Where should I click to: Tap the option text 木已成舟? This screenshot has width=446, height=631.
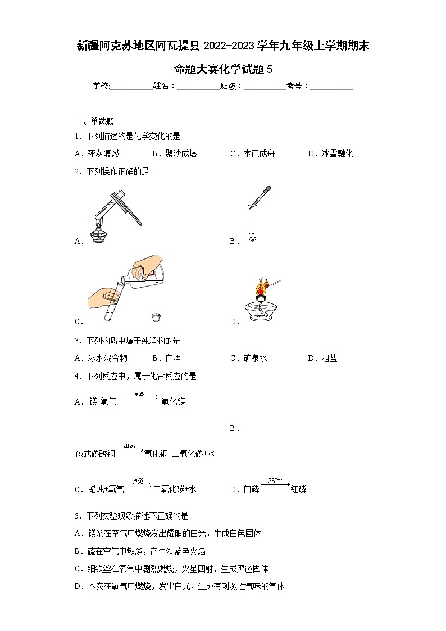coord(259,153)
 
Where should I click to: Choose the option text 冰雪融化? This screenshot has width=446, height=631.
coord(337,153)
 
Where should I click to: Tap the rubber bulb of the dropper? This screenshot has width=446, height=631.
coord(268,190)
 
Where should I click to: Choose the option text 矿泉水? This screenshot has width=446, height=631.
coord(255,358)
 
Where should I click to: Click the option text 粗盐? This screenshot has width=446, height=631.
coord(329,358)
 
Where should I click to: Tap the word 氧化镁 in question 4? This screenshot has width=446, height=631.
coord(173,401)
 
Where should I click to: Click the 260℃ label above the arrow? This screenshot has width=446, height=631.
coord(275,482)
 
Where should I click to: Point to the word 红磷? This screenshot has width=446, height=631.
coord(298,489)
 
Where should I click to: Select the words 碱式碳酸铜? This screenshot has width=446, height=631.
coord(95,453)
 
